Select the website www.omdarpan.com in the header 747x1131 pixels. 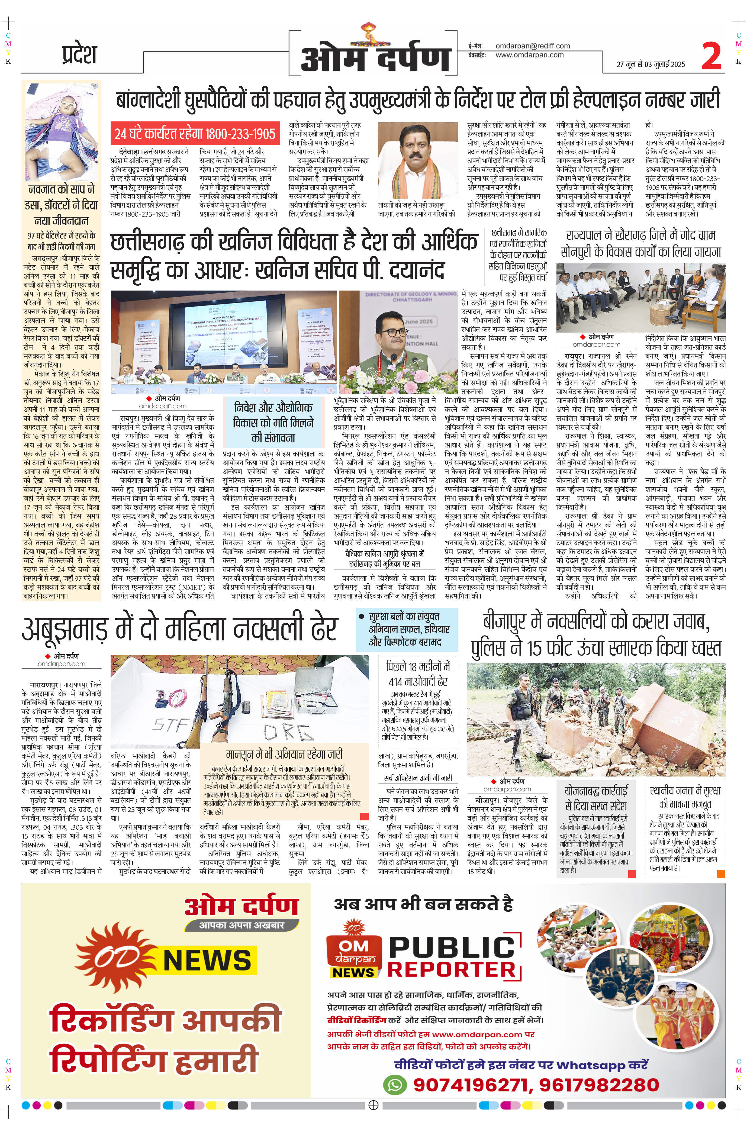click(x=529, y=55)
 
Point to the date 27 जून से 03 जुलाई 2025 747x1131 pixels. click(x=651, y=64)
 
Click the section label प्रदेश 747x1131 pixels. click(x=79, y=54)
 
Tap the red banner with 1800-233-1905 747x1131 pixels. click(x=195, y=134)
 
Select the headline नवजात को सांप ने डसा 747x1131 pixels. click(x=62, y=205)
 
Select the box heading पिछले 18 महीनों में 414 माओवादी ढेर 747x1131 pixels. click(x=417, y=674)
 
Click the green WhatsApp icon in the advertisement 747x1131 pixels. click(x=395, y=1085)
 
